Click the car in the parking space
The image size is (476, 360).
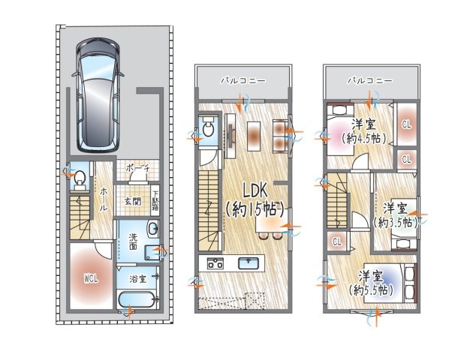coord(98,95)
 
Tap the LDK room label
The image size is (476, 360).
coord(255,192)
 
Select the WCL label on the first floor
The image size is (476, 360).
coord(91,279)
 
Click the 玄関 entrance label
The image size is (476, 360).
coord(134,202)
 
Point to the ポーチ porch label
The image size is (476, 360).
coord(137,168)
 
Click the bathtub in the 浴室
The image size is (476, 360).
coord(137,300)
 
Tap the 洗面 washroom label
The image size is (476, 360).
coord(133,241)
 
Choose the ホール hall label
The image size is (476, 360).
coord(103,199)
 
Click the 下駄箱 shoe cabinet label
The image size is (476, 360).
coord(155,200)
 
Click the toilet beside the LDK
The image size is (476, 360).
coord(208,128)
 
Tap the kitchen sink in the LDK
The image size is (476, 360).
coord(249,263)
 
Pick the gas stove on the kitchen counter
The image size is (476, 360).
coord(215,263)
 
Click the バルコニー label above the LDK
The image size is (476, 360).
coord(243,81)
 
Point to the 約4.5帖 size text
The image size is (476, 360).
coord(363,139)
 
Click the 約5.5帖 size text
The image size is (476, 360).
coord(371,290)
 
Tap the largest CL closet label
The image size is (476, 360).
coord(406,124)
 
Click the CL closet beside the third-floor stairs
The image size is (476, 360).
coord(337,241)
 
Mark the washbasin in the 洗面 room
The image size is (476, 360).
coord(152,228)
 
